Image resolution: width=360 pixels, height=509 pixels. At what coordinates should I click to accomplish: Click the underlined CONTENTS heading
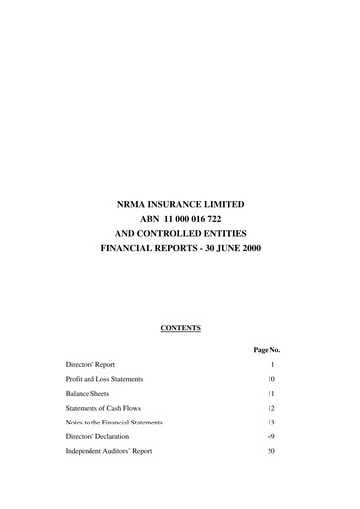180,326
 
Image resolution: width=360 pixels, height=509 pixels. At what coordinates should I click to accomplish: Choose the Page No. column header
267,350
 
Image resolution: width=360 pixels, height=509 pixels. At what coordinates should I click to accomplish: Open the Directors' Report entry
90,365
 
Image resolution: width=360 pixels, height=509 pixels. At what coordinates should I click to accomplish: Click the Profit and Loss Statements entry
104,379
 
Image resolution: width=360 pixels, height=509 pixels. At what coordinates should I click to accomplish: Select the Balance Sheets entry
89,394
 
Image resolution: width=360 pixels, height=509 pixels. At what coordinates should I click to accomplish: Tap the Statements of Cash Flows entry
104,408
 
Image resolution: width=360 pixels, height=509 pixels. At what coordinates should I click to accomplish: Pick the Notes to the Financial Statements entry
114,423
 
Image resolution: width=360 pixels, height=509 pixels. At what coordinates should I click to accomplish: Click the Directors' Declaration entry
98,436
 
